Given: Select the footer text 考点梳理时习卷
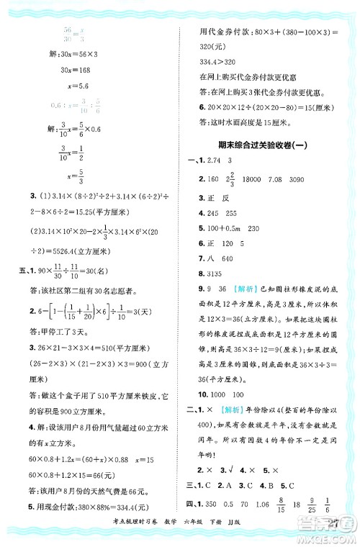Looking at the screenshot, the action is [104, 532].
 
